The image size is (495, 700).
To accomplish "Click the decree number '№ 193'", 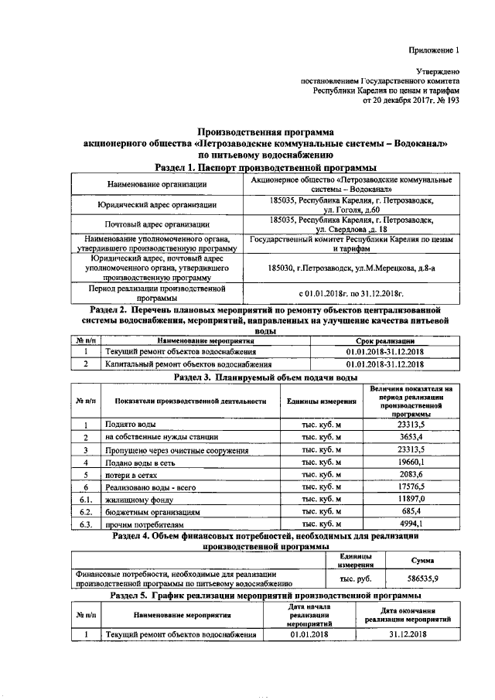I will click(447, 101).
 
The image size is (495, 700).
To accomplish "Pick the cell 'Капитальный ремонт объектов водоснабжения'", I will click(188, 364).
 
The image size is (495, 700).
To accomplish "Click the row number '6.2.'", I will click(86, 512).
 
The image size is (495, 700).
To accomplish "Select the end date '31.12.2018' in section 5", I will click(408, 635).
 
